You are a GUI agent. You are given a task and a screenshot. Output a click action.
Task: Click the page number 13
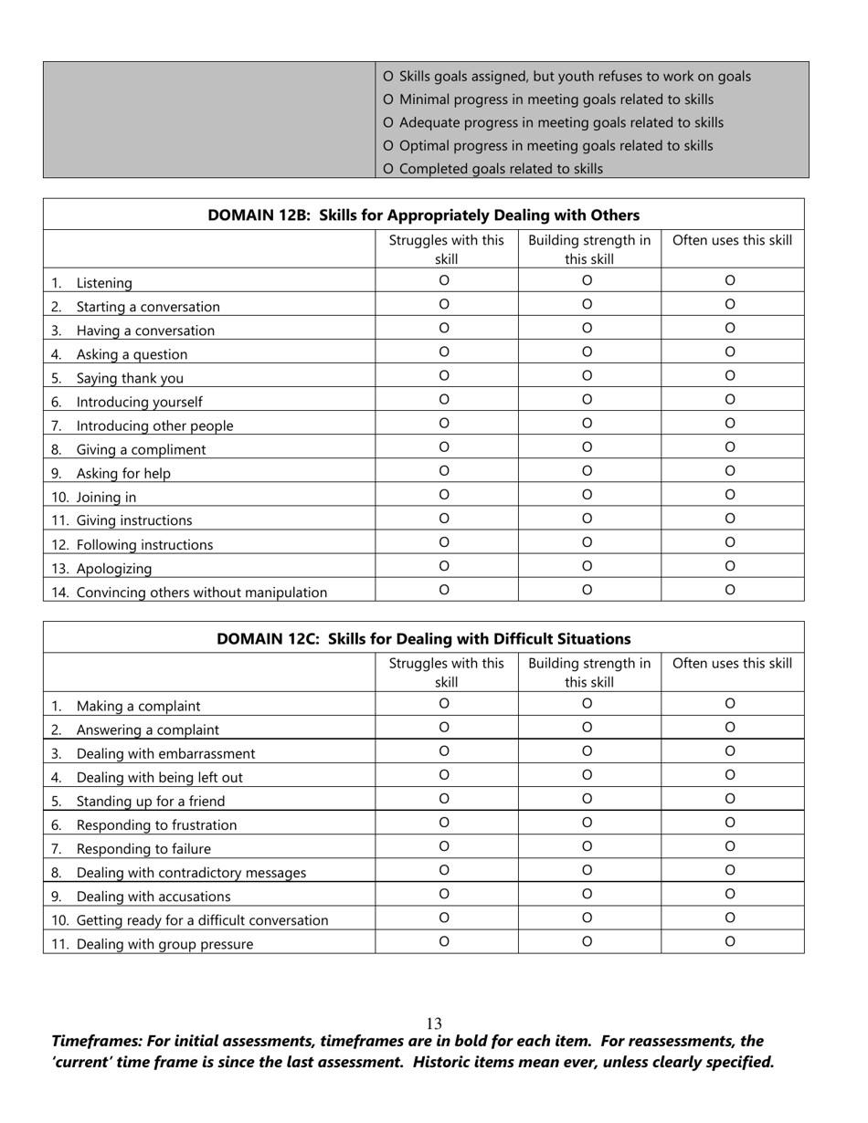434,1023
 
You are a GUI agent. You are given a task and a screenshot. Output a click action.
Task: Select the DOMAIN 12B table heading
423,215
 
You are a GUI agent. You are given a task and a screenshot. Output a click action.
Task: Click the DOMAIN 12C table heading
423,638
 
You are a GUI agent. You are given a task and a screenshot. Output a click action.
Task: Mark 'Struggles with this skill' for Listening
444,280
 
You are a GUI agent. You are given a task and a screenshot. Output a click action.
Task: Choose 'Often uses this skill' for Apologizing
730,565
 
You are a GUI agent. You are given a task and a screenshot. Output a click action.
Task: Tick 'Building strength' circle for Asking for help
587,470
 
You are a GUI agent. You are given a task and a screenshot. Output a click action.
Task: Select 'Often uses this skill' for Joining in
730,494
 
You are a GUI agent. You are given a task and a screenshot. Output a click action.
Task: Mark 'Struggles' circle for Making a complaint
444,703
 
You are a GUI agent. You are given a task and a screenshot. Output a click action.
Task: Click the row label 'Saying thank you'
129,378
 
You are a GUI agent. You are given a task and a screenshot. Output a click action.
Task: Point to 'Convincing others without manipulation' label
201,593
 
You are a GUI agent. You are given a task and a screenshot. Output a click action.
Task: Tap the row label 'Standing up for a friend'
150,801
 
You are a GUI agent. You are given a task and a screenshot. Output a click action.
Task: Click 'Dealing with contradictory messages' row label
191,872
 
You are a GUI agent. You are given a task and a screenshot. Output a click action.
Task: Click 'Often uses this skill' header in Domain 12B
732,241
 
